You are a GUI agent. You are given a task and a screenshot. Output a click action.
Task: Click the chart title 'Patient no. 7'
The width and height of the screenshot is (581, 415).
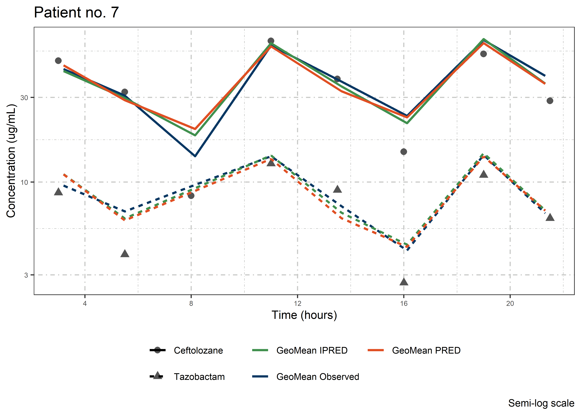point(76,12)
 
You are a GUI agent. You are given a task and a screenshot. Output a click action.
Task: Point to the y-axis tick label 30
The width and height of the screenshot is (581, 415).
point(24,98)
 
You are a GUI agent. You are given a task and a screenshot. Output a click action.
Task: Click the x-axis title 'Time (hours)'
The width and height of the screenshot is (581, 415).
point(304,315)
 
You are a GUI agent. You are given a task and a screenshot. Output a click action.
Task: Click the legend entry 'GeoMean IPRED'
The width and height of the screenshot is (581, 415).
point(312,350)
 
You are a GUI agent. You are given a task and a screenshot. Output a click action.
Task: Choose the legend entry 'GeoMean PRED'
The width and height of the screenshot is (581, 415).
point(426,350)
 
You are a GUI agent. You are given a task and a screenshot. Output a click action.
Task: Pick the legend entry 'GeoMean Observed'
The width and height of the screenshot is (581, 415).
point(318,377)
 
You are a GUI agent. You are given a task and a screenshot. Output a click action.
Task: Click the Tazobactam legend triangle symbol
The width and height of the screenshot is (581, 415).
point(158,376)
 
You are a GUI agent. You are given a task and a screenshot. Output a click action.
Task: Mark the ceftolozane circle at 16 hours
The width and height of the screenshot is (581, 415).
point(404,152)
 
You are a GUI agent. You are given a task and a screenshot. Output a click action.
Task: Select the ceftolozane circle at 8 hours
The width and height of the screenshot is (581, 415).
point(191,196)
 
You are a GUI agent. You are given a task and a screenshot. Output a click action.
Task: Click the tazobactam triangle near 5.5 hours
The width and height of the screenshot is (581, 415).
point(125,254)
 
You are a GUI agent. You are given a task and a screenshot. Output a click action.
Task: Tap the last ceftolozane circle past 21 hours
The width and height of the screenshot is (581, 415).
point(550,101)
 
